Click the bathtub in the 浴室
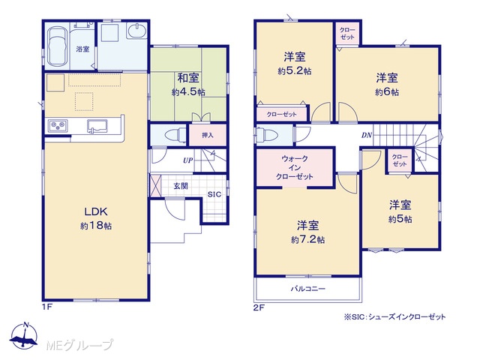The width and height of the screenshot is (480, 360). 58,46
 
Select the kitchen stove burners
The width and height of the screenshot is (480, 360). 58,125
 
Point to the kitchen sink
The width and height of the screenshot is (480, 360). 97,127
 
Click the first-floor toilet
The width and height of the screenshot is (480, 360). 175,135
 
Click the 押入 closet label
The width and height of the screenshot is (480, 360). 208,135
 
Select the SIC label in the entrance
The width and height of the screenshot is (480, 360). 214,194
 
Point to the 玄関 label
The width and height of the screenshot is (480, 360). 181,186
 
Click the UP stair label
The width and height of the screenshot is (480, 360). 188,160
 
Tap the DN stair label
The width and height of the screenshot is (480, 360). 367,135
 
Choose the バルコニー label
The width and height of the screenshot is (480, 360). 308,288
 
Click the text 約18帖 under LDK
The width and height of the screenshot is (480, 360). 96,226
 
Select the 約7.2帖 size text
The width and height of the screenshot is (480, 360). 308,239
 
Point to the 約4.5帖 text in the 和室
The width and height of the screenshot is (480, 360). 188,91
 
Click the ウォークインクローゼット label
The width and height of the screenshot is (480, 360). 295,167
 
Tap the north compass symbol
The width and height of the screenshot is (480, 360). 24,335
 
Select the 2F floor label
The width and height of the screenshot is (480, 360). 259,307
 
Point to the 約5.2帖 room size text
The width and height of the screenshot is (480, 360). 295,71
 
